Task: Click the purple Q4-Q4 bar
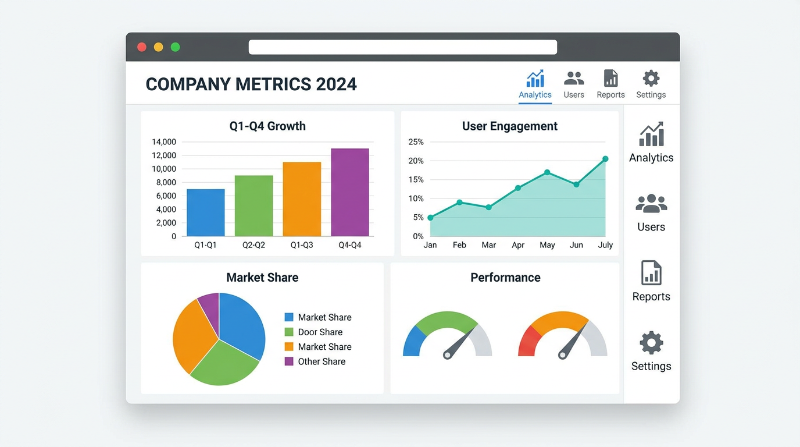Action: [x=350, y=192]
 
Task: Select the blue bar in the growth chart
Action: [x=206, y=212]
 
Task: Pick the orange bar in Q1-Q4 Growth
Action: [x=302, y=199]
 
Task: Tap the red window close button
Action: [x=142, y=47]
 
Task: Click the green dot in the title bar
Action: [x=176, y=47]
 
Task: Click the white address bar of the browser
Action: [x=403, y=47]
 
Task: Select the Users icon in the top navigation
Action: [x=574, y=78]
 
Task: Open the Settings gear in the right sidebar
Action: [x=651, y=343]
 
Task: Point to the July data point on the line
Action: [x=605, y=159]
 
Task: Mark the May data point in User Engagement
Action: [x=547, y=172]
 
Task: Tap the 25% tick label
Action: [x=416, y=142]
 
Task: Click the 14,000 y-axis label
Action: [x=164, y=142]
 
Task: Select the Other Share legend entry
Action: [x=315, y=361]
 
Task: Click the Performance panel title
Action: [x=505, y=278]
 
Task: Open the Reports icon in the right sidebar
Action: [x=651, y=272]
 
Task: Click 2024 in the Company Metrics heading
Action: [x=336, y=84]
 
